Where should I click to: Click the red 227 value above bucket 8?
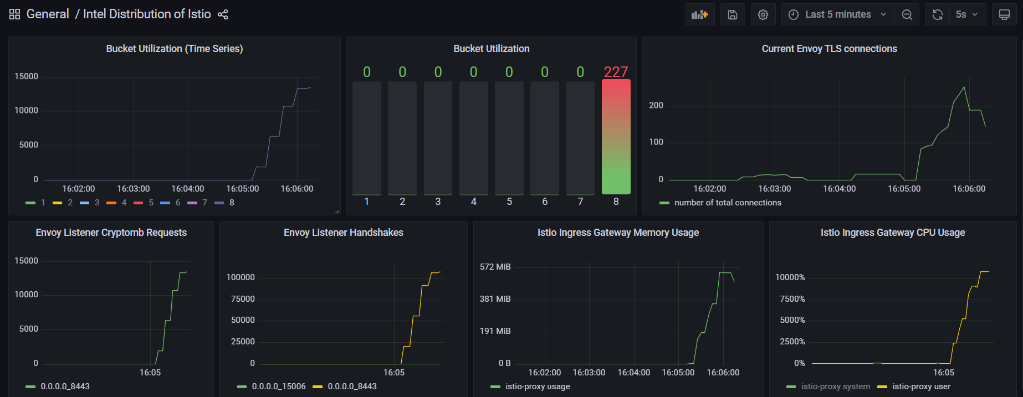tap(616, 72)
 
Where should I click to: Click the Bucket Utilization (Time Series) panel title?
tap(175, 49)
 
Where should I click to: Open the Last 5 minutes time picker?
tap(837, 14)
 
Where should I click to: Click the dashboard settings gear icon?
tap(763, 14)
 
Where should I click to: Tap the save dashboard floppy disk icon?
tap(733, 14)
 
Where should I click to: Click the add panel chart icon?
tap(700, 14)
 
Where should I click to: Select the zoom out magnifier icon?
tap(907, 14)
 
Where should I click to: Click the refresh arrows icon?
tap(938, 14)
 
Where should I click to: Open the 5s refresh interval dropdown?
tap(966, 14)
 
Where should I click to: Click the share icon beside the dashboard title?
tap(223, 14)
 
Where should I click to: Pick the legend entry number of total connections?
tap(728, 203)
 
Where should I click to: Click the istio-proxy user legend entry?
tap(921, 386)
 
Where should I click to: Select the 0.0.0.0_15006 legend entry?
tap(278, 386)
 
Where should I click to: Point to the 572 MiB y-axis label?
tap(495, 267)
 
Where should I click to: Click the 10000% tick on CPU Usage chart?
tap(790, 277)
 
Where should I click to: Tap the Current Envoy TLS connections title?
tap(829, 49)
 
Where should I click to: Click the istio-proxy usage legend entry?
tap(537, 386)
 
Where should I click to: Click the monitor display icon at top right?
tap(1004, 14)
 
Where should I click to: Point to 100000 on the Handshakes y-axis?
tap(241, 277)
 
